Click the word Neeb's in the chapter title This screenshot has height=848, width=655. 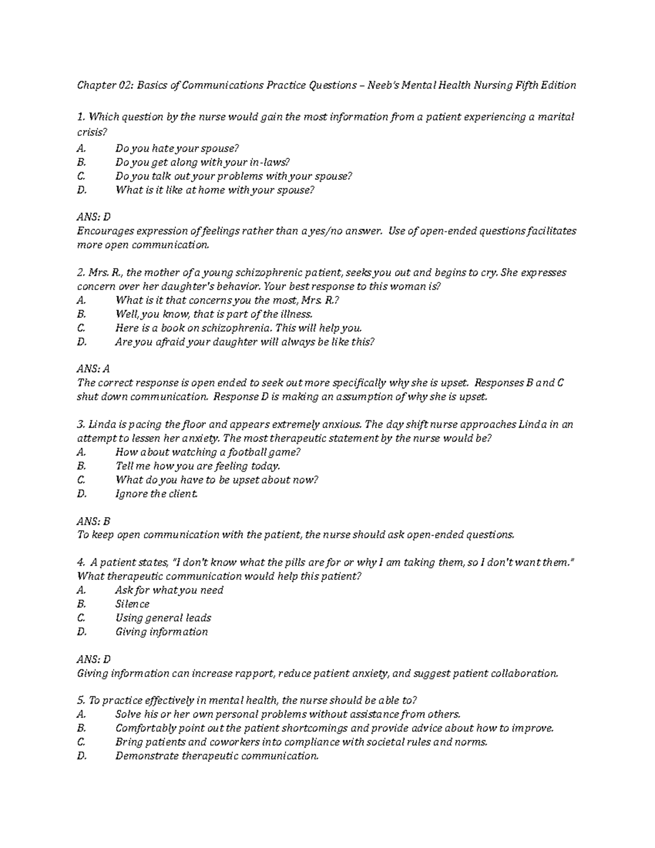[383, 85]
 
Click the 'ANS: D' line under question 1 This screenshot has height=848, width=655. [94, 217]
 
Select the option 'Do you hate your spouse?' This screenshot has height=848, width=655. [177, 149]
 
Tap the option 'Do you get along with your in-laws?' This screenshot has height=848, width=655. [203, 162]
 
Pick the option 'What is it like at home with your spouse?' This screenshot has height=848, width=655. [215, 190]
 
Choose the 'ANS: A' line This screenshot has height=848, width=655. [94, 369]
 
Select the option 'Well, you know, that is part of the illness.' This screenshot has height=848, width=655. [214, 314]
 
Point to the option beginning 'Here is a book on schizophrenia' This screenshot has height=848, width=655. [239, 328]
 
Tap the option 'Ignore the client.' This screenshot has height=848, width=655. [156, 494]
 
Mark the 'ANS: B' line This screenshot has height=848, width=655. [94, 521]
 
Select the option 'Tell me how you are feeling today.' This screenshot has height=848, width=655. [198, 466]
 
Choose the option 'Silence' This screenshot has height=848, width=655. [132, 604]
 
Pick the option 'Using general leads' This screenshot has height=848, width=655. [163, 618]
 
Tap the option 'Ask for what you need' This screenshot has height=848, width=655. [169, 590]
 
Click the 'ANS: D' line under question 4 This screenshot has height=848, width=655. [94, 659]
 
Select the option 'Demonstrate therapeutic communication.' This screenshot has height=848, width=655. [217, 756]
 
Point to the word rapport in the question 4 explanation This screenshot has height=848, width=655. [253, 673]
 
